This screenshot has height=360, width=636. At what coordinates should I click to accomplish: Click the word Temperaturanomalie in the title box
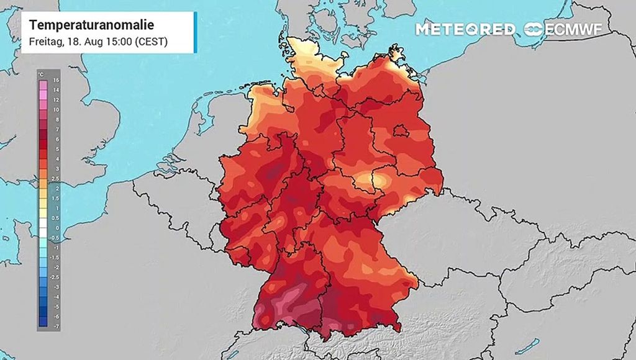tap(91, 25)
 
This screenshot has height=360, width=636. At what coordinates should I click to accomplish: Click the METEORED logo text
tap(465, 29)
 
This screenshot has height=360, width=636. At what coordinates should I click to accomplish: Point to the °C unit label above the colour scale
tap(41, 74)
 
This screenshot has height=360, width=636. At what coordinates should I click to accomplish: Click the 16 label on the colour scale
tap(55, 80)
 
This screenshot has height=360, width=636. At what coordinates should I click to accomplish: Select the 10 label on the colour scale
tap(55, 109)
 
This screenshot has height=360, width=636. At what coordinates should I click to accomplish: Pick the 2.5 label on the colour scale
tap(55, 178)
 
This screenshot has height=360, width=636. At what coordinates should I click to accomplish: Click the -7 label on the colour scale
tap(55, 326)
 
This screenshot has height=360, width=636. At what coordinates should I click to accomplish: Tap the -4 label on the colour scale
tap(55, 297)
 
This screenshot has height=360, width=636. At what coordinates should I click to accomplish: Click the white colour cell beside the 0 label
tap(42, 227)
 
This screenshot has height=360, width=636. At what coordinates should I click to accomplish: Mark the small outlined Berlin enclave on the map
tap(401, 131)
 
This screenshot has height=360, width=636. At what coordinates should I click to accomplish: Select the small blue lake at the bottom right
tap(530, 344)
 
